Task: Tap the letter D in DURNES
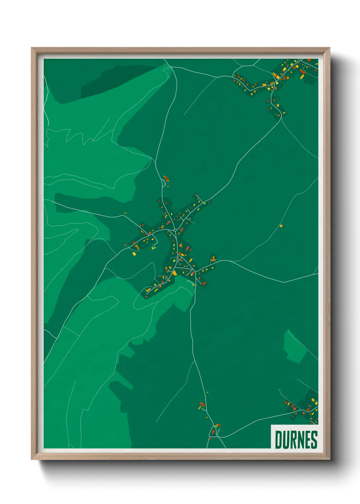point(278,440)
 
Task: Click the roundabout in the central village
point(175,230)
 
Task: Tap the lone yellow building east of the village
point(281,225)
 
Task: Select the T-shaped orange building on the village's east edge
point(213,259)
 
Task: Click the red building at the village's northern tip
point(166,178)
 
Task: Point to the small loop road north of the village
point(164,184)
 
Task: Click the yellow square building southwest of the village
point(134,253)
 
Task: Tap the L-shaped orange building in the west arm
point(137,246)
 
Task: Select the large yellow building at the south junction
point(175,273)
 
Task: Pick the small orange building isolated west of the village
point(125,213)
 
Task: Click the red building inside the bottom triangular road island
point(213,432)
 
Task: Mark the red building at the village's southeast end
point(204,283)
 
